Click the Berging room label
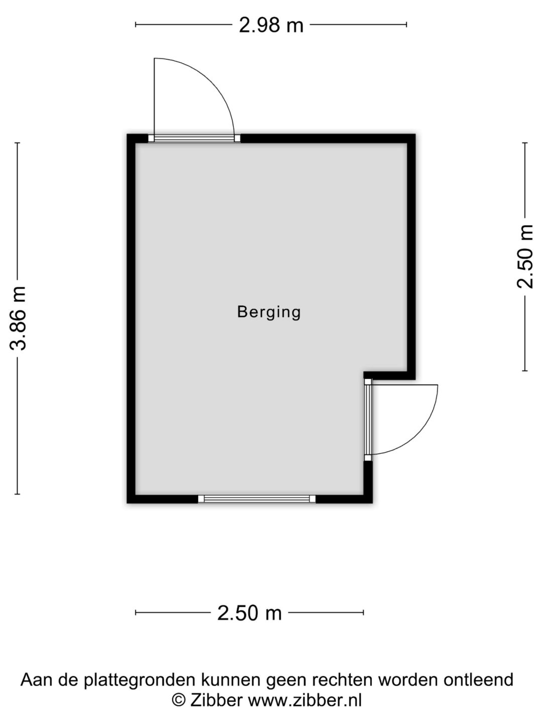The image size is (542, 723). tap(269, 312)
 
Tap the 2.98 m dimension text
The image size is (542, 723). tap(271, 25)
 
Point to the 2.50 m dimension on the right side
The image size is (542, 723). tap(524, 257)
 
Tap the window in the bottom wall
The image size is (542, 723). tap(256, 499)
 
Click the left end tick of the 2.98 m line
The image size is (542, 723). tap(135, 25)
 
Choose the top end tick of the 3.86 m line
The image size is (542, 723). tap(18, 143)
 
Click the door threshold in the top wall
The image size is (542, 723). tap(194, 139)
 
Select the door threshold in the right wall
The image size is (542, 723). tap(368, 420)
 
